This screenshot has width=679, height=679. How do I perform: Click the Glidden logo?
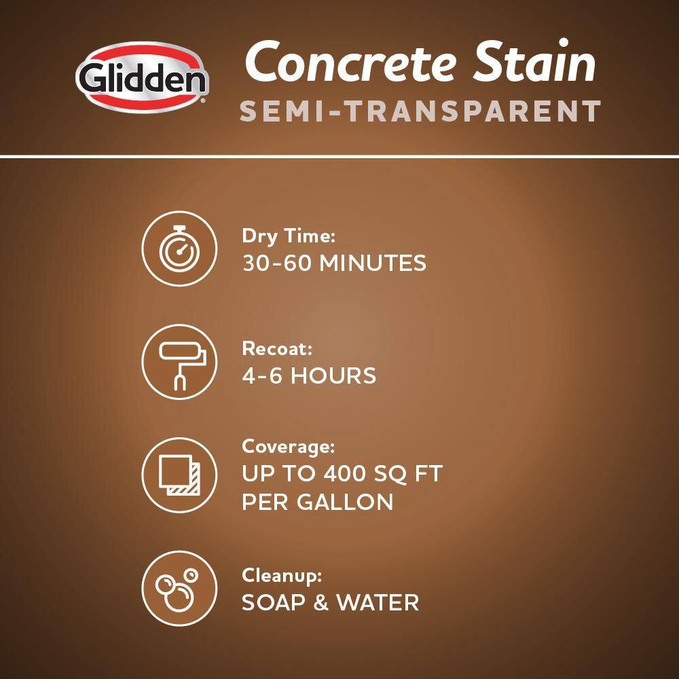(x=142, y=77)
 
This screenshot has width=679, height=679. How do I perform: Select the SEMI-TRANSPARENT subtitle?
(x=420, y=111)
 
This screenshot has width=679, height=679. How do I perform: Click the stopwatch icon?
(x=179, y=249)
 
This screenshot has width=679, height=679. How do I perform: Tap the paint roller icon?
(x=179, y=362)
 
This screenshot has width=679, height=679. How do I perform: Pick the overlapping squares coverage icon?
(x=179, y=475)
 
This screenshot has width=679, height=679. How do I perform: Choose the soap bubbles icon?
(x=179, y=589)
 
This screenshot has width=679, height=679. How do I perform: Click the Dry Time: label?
(x=289, y=237)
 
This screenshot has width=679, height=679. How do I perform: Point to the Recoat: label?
(x=277, y=349)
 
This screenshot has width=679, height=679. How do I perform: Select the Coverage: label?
(x=289, y=447)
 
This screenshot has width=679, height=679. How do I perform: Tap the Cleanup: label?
(x=282, y=576)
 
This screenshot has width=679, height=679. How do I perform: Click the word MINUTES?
(x=373, y=263)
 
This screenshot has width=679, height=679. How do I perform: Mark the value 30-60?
(x=277, y=263)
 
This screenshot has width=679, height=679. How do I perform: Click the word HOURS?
(x=333, y=375)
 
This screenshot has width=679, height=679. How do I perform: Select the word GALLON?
(x=345, y=502)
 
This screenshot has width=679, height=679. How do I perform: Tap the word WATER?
(x=378, y=603)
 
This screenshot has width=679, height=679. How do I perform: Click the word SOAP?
(x=273, y=603)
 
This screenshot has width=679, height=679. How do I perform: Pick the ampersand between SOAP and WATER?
(x=321, y=603)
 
